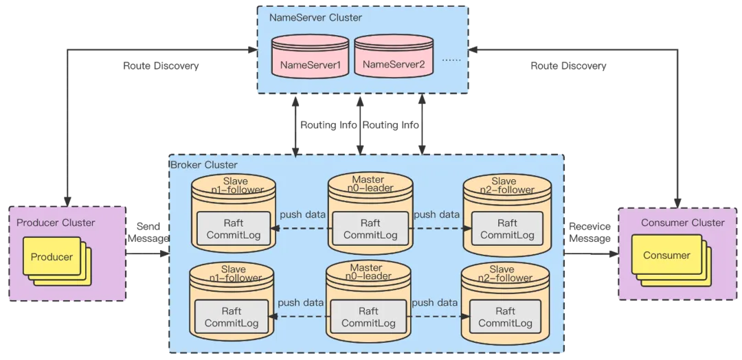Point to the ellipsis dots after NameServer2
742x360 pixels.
pyautogui.click(x=451, y=60)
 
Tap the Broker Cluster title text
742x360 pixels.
pyautogui.click(x=203, y=165)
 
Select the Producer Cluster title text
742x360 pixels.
pyautogui.click(x=56, y=223)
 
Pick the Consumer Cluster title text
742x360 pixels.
pyautogui.click(x=682, y=223)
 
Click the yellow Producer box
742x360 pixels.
pyautogui.click(x=52, y=257)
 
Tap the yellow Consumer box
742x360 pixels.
pyautogui.click(x=666, y=255)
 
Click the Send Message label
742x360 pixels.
pyautogui.click(x=148, y=232)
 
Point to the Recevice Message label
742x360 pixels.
pyautogui.click(x=589, y=232)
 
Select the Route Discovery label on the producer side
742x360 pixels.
pyautogui.click(x=161, y=66)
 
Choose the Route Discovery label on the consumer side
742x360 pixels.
pyautogui.click(x=568, y=66)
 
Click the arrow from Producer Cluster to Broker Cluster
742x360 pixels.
pyautogui.click(x=148, y=254)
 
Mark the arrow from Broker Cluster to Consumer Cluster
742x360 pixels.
pyautogui.click(x=591, y=254)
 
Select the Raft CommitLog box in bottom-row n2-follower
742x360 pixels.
pyautogui.click(x=505, y=317)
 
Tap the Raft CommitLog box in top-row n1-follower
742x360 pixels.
pyautogui.click(x=234, y=229)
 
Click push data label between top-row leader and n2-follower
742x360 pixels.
pyautogui.click(x=436, y=214)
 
